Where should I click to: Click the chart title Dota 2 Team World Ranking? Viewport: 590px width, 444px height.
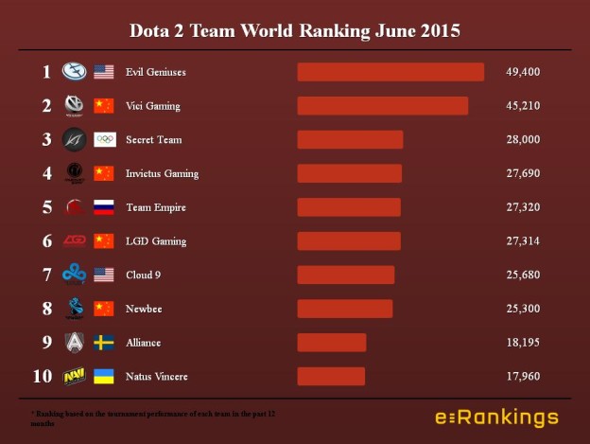tap(295, 30)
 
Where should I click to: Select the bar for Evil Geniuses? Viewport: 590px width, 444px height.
tap(390, 72)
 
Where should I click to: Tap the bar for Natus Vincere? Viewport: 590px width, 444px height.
tap(331, 377)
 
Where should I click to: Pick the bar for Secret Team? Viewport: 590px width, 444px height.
tap(350, 140)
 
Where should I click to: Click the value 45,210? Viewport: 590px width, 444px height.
tap(524, 106)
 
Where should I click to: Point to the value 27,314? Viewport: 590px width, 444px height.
tap(524, 241)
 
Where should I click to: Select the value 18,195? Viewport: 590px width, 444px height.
tap(524, 343)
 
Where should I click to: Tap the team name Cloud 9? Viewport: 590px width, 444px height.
tap(144, 275)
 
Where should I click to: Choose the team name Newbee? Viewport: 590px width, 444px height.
tap(143, 309)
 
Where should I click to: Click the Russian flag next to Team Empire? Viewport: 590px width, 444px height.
tap(104, 207)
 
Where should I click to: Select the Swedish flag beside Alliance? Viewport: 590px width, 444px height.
tap(104, 343)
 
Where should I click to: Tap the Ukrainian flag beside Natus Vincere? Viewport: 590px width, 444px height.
tap(104, 377)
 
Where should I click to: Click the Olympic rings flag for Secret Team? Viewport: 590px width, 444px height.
tap(104, 140)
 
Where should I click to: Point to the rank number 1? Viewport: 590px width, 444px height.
tap(45, 72)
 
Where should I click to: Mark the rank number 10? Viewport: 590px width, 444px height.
tap(43, 377)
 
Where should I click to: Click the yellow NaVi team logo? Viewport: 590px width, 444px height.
tap(74, 377)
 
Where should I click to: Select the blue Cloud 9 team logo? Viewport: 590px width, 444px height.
tap(74, 275)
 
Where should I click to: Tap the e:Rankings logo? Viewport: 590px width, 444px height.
tap(496, 417)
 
